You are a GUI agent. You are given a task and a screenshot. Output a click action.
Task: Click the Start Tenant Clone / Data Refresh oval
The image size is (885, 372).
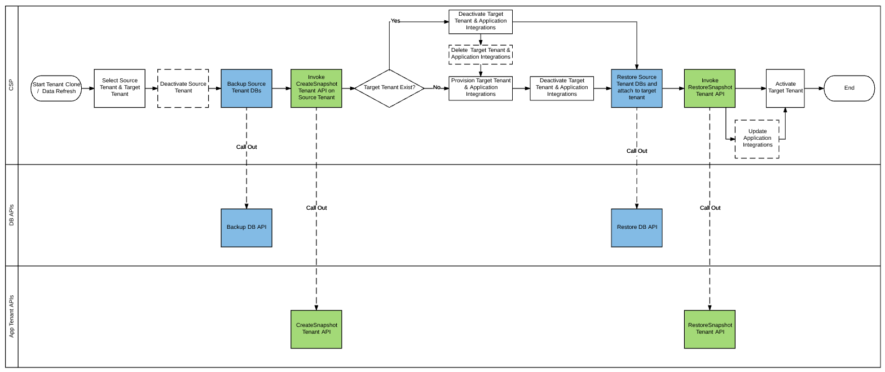pyautogui.click(x=56, y=88)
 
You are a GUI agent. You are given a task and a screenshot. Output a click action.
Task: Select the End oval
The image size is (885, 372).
pyautogui.click(x=849, y=88)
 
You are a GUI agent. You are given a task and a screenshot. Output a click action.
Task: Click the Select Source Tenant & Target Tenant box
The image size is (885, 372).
pyautogui.click(x=120, y=88)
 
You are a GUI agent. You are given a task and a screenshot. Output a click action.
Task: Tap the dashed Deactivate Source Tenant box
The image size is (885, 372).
pyautogui.click(x=183, y=88)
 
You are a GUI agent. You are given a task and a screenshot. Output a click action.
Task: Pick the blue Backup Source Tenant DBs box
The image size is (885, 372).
pyautogui.click(x=246, y=88)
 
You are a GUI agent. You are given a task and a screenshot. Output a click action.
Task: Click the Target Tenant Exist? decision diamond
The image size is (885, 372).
pyautogui.click(x=389, y=88)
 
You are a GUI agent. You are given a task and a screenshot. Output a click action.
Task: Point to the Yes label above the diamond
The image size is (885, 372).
pyautogui.click(x=395, y=21)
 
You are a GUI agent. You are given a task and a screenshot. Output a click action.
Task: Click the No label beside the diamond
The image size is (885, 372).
pyautogui.click(x=437, y=87)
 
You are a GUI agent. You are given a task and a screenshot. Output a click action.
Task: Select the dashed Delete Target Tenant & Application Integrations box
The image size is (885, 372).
pyautogui.click(x=481, y=54)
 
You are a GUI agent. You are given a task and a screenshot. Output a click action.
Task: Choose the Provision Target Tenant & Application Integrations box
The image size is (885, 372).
pyautogui.click(x=481, y=88)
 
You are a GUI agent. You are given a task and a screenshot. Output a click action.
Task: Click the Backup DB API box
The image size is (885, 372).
pyautogui.click(x=246, y=228)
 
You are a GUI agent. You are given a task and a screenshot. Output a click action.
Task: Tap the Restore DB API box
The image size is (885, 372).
pyautogui.click(x=637, y=228)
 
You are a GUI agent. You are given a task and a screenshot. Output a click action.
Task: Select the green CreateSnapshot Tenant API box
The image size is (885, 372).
pyautogui.click(x=316, y=329)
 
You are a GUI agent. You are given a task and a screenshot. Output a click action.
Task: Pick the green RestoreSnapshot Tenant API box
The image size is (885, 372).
pyautogui.click(x=710, y=329)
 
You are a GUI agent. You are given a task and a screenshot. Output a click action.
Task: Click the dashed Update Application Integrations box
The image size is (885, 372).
pyautogui.click(x=757, y=139)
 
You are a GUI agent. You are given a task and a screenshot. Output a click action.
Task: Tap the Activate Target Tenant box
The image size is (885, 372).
pyautogui.click(x=785, y=88)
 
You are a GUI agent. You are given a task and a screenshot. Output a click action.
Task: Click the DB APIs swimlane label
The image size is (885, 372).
pyautogui.click(x=12, y=215)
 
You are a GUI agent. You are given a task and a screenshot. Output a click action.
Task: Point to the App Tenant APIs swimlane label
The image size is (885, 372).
pyautogui.click(x=12, y=317)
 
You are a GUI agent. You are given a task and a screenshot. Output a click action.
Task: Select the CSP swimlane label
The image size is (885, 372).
pyautogui.click(x=12, y=85)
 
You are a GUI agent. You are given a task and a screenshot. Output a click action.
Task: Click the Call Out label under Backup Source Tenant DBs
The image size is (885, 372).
pyautogui.click(x=246, y=147)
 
